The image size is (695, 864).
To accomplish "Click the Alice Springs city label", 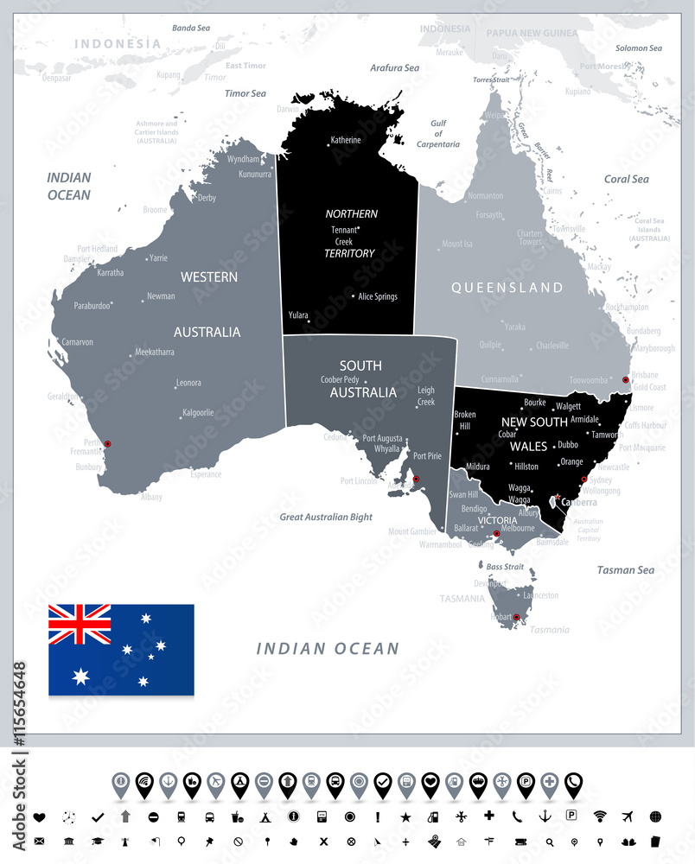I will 378,296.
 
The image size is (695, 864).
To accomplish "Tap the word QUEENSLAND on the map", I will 507,288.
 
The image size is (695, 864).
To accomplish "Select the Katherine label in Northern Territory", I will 345,140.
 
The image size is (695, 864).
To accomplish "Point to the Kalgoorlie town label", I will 197,413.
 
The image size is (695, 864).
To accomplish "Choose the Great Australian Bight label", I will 326,517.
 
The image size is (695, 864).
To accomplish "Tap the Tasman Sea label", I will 626,570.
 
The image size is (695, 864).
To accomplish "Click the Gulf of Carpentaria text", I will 438,134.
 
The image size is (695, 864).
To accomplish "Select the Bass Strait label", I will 505,567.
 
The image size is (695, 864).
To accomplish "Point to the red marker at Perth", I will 108,444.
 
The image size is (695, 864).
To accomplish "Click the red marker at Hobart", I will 516,618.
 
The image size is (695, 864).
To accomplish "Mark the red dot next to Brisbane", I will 626,379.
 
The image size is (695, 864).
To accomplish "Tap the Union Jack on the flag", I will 80,624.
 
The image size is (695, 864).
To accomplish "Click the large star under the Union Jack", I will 80,676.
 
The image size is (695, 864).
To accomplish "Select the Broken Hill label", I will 465,420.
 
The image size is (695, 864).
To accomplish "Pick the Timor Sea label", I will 245,92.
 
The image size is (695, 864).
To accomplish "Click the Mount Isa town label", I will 457,245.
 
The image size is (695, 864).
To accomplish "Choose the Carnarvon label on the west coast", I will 77,342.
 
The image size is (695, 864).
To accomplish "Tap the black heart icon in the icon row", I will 39,816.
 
